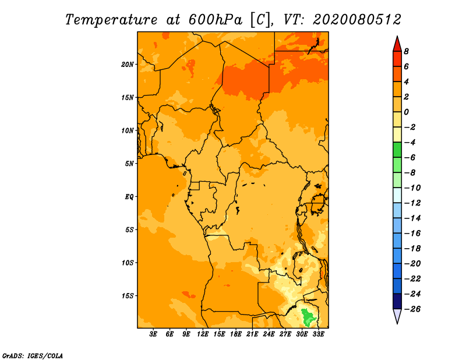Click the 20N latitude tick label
128,65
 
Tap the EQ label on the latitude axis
129,197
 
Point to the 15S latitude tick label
128,296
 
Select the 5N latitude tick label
129,164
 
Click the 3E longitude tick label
153,334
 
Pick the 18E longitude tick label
236,334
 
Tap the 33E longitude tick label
318,334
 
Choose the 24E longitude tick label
269,334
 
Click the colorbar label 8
406,51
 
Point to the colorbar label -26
412,309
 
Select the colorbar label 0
406,112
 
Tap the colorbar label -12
412,203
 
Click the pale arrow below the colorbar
397,315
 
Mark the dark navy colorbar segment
397,301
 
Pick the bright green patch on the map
308,318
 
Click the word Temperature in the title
111,20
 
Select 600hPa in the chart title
216,20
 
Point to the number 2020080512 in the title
357,20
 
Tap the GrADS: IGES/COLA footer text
33,356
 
